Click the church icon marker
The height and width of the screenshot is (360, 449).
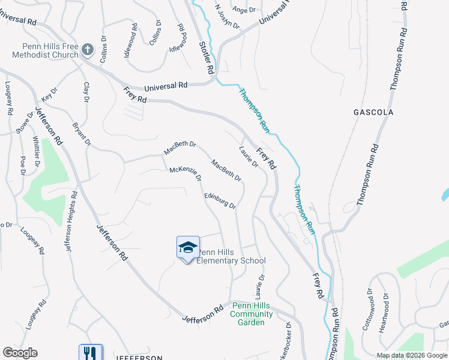(x=88, y=49)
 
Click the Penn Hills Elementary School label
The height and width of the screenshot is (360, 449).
(x=231, y=256)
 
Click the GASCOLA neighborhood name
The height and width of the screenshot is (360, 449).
(x=373, y=112)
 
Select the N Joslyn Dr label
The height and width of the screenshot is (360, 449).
(x=227, y=17)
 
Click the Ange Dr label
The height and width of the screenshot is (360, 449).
(x=244, y=10)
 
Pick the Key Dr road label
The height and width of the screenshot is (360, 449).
(x=49, y=94)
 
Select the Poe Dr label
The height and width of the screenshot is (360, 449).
(x=23, y=166)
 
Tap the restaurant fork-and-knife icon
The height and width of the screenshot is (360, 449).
(x=91, y=352)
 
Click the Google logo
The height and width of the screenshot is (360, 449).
(x=20, y=353)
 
